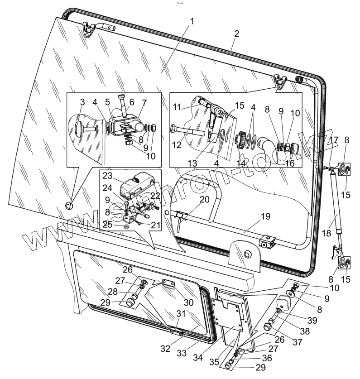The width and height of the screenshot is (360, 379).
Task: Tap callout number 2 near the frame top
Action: (236, 34)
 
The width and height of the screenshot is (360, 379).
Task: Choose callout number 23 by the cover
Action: (106, 175)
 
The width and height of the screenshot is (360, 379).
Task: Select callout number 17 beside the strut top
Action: (333, 139)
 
